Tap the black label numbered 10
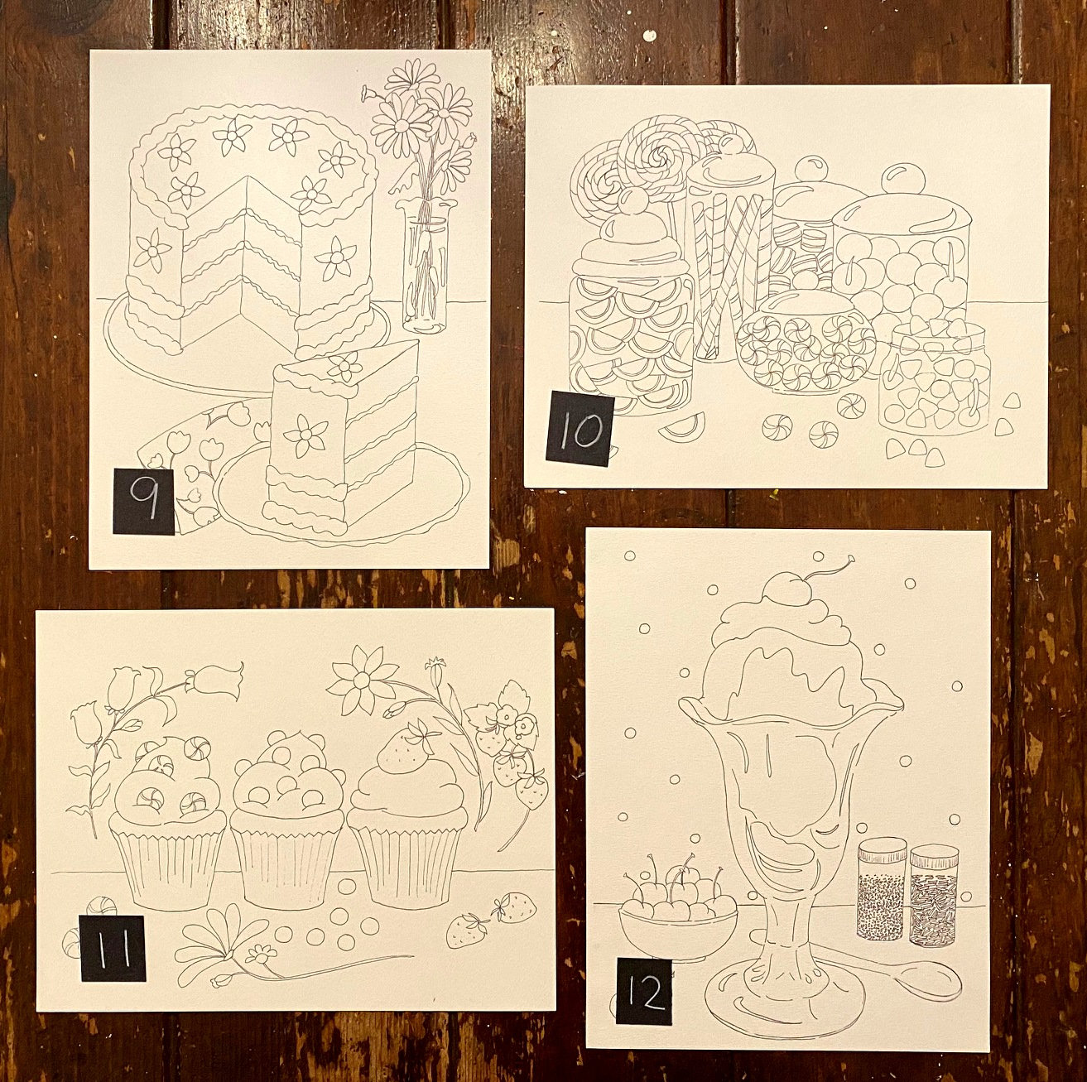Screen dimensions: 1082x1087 pyautogui.click(x=580, y=428)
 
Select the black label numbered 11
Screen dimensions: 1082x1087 pyautogui.click(x=112, y=949)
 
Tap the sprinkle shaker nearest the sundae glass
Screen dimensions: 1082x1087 pyautogui.click(x=882, y=891)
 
